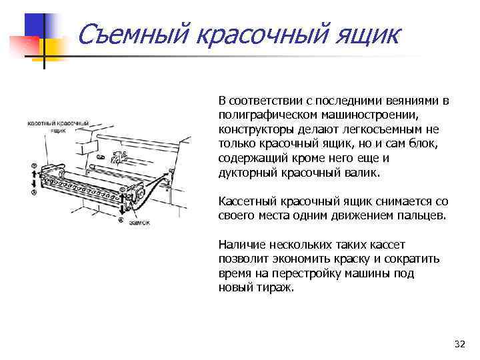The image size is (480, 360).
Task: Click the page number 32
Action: point(459,344)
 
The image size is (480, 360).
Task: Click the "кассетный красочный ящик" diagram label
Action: point(58,127)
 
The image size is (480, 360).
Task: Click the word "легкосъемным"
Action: point(373,129)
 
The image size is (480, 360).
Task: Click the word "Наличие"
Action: point(240,245)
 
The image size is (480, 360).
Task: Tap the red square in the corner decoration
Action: point(25,44)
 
